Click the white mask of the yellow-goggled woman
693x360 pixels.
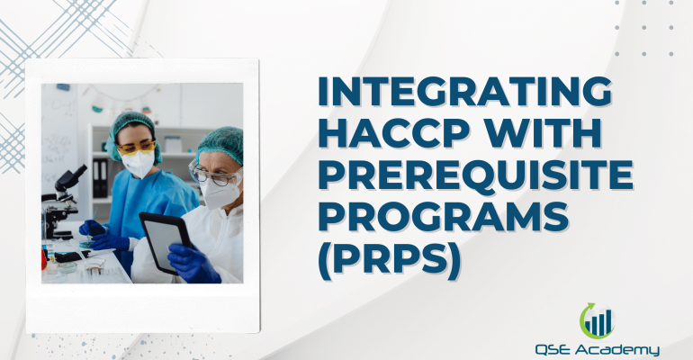coord(138,165)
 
